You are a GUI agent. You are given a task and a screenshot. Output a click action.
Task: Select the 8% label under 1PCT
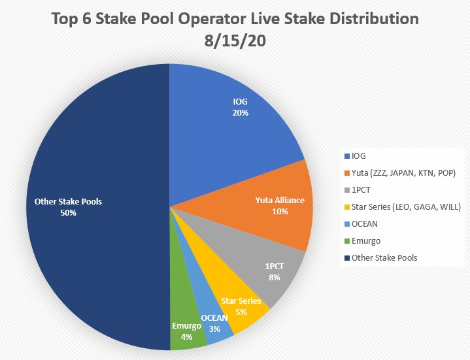pos(275,277)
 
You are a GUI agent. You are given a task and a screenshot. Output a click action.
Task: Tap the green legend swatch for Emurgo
pos(346,240)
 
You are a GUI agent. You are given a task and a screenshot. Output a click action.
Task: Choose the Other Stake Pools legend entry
pos(384,257)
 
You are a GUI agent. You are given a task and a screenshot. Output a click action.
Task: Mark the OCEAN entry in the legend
pos(365,223)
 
